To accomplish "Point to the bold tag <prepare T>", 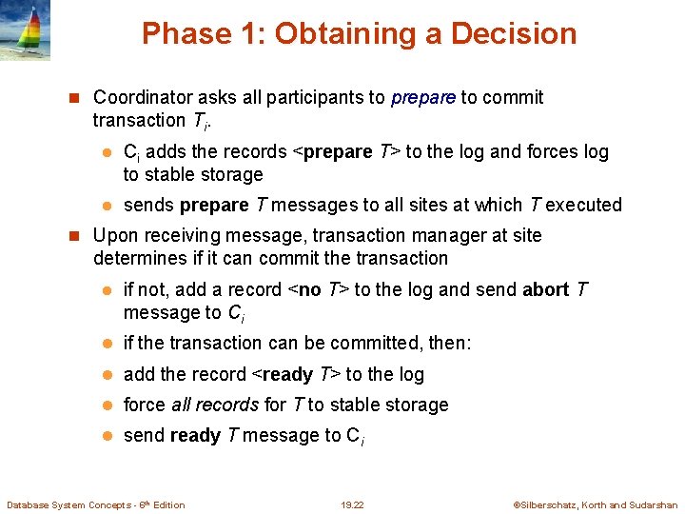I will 344,151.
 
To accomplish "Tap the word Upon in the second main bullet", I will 115,235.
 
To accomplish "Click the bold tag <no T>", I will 318,289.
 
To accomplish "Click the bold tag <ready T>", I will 295,374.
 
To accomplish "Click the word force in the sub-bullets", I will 145,405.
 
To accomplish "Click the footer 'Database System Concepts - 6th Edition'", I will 96,504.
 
